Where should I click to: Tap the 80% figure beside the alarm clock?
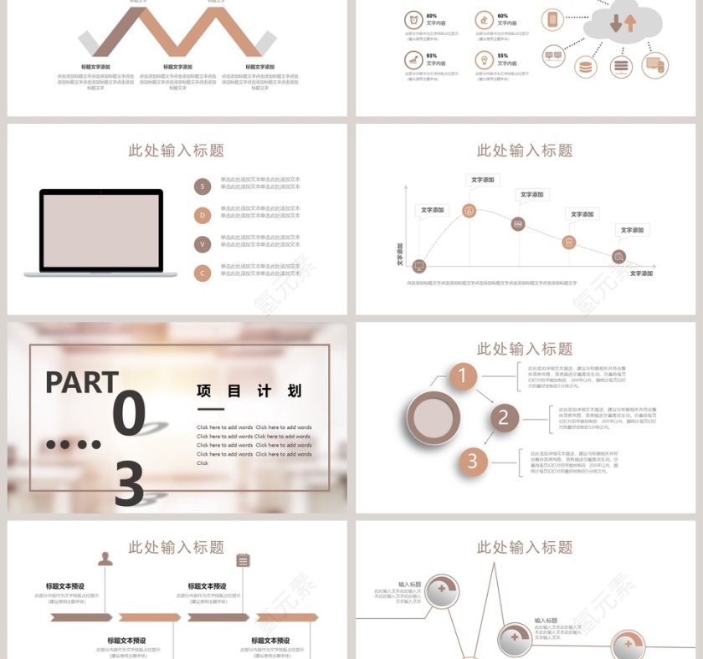coord(432,16)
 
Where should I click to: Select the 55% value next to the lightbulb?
coord(503,55)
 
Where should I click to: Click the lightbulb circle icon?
coord(484,60)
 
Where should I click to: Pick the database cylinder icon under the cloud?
coord(586,66)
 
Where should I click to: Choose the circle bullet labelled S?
coord(203,186)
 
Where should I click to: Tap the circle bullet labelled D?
coord(203,215)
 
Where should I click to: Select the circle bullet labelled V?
coord(203,244)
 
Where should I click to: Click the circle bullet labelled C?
coord(203,273)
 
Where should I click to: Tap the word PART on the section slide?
coord(81,382)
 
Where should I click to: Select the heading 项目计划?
coord(249,391)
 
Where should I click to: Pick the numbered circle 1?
coord(463,376)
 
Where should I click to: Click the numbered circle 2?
coord(503,417)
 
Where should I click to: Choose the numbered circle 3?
coord(472,461)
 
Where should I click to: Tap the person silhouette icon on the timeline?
coord(105,559)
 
